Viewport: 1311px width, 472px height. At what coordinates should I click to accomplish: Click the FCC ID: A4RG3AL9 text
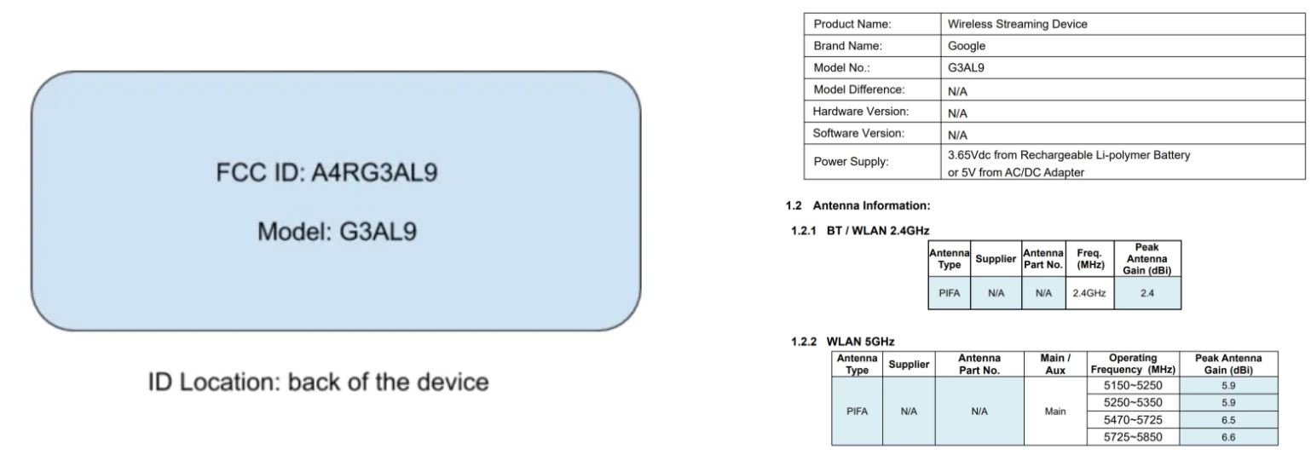tap(327, 174)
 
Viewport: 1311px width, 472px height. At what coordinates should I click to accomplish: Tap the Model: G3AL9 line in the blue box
tap(337, 231)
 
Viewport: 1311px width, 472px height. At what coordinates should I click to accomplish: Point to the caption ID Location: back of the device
tap(319, 382)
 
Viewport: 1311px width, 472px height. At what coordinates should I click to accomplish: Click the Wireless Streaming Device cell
tap(1018, 25)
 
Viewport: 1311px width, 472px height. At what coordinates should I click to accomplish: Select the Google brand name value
tap(967, 46)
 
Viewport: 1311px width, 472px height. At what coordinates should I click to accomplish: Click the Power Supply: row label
tap(851, 163)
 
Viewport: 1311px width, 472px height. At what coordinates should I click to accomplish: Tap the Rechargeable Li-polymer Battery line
tap(1069, 155)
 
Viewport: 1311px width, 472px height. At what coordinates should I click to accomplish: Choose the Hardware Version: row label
tap(861, 112)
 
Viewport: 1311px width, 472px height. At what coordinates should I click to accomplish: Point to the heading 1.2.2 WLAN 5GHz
tap(843, 342)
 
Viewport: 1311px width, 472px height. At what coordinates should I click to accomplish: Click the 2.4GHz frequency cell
tap(1089, 292)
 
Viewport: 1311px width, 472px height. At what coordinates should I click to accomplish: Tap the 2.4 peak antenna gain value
tap(1146, 292)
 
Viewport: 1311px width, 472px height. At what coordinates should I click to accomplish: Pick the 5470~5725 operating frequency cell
tap(1133, 419)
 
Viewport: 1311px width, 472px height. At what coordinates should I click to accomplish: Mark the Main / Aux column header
tap(1055, 364)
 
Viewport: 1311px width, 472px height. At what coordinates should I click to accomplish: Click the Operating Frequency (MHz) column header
tap(1133, 364)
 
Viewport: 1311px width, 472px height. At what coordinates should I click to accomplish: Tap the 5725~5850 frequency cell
tap(1133, 437)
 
